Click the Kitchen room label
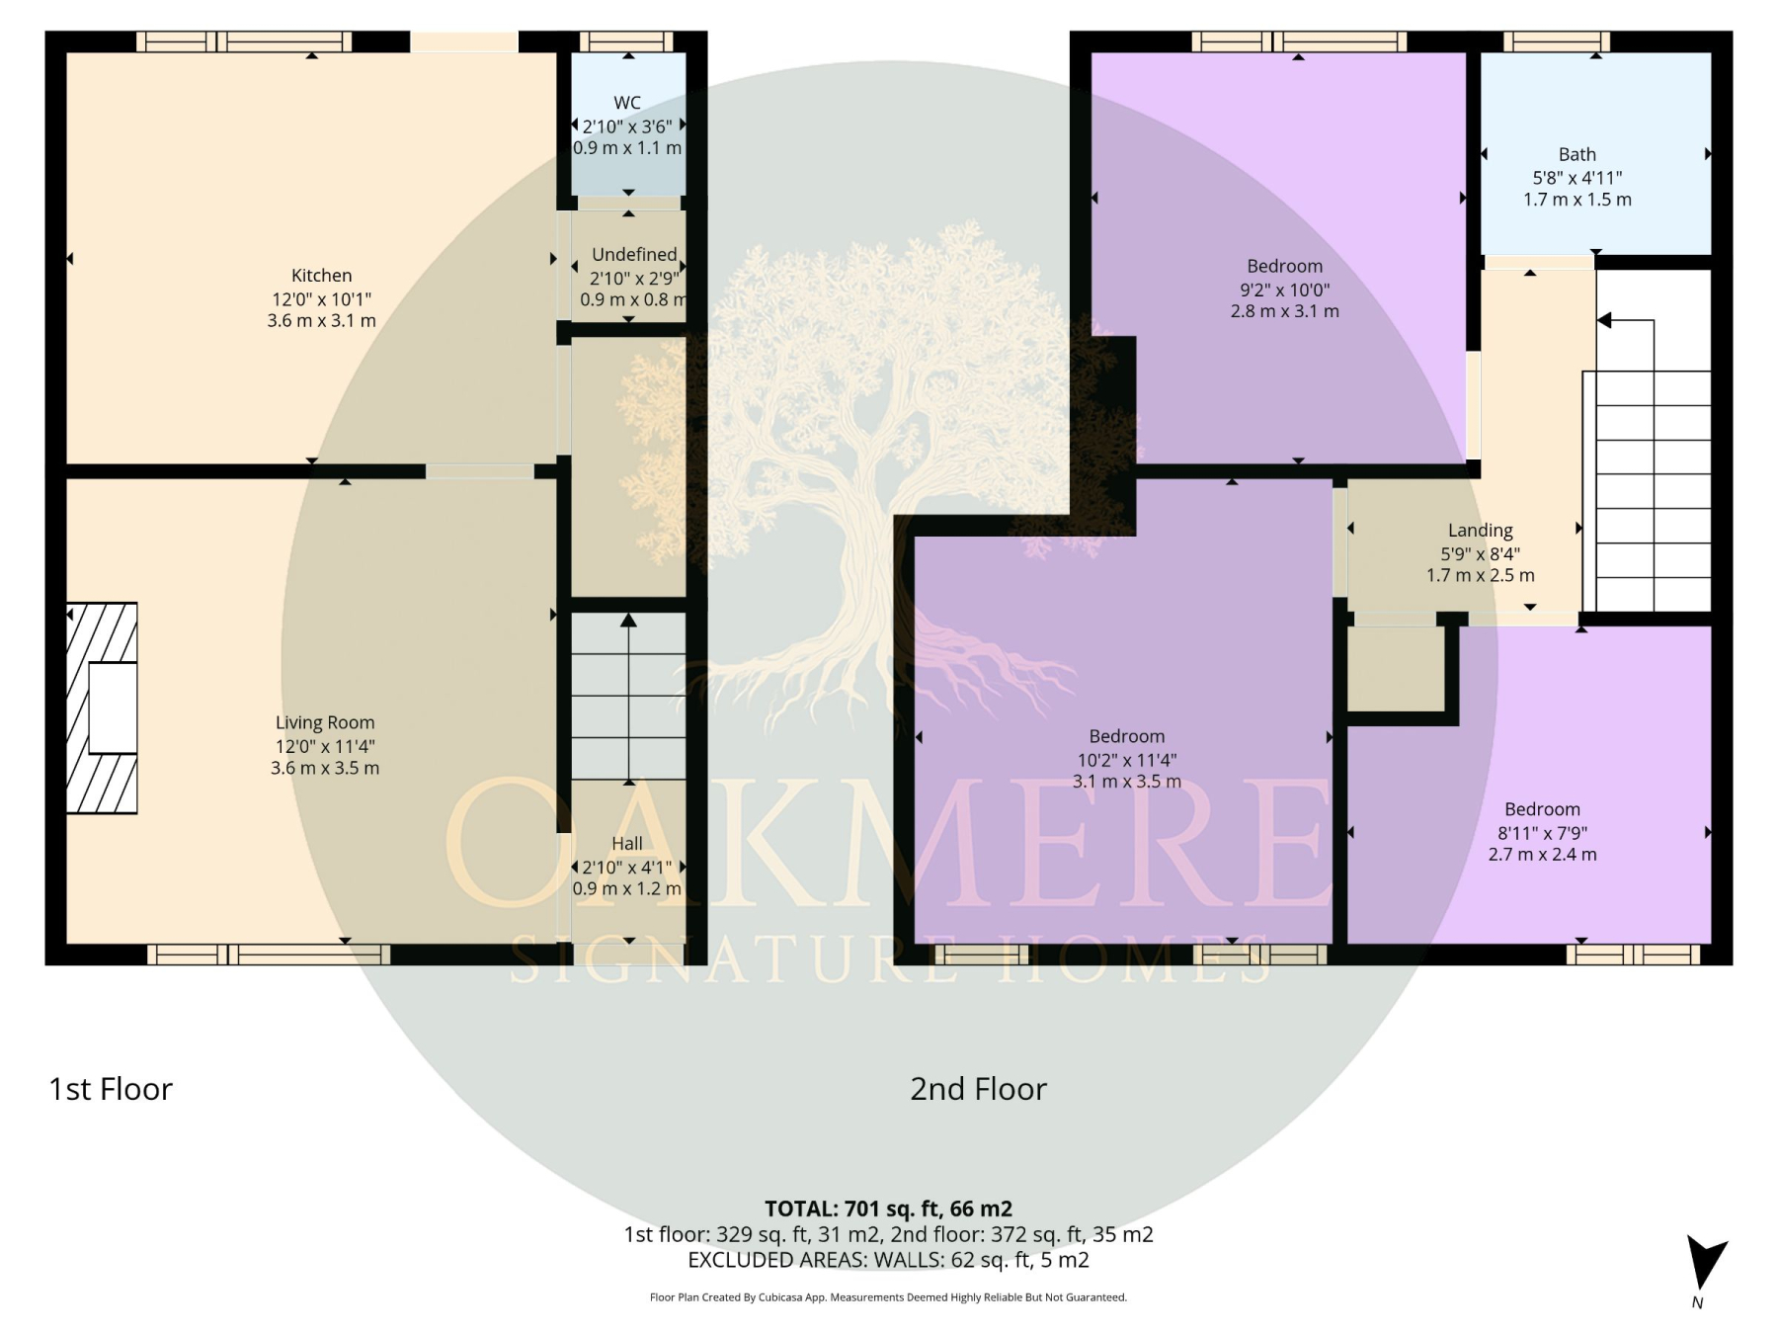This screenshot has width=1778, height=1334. point(321,276)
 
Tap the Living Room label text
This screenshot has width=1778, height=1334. point(325,722)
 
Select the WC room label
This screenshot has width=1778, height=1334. point(627,103)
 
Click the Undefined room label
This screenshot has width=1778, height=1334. point(634,255)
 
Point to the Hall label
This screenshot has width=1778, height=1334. point(627,844)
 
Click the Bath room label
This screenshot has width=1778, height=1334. point(1577,154)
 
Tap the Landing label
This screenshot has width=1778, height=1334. point(1481,531)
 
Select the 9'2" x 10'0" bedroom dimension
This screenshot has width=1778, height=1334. point(1285,291)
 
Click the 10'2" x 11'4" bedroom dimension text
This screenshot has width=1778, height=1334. point(1127,760)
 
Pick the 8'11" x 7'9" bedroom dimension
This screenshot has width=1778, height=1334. point(1543,833)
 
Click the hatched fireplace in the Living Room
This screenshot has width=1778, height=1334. point(102,708)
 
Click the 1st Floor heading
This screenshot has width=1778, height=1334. point(111,1089)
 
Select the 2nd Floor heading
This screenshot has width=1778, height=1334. point(978,1089)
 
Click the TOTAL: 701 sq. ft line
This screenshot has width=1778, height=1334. point(888,1209)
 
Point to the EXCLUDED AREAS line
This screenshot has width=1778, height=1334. point(888,1260)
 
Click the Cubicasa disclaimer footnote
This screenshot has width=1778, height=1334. point(888,1297)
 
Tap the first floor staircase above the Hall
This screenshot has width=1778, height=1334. point(628,696)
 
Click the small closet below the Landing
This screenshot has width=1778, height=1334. point(1396,669)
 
